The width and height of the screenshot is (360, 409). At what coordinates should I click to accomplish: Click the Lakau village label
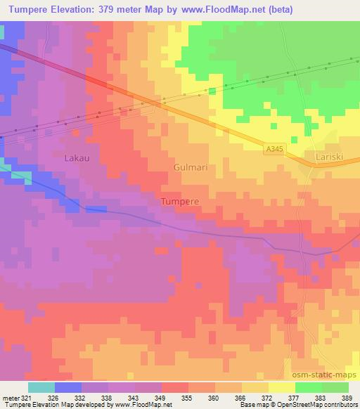[77, 157]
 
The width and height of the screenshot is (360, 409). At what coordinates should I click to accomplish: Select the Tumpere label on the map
[180, 201]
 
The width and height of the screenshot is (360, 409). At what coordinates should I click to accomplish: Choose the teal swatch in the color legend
[41, 388]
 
